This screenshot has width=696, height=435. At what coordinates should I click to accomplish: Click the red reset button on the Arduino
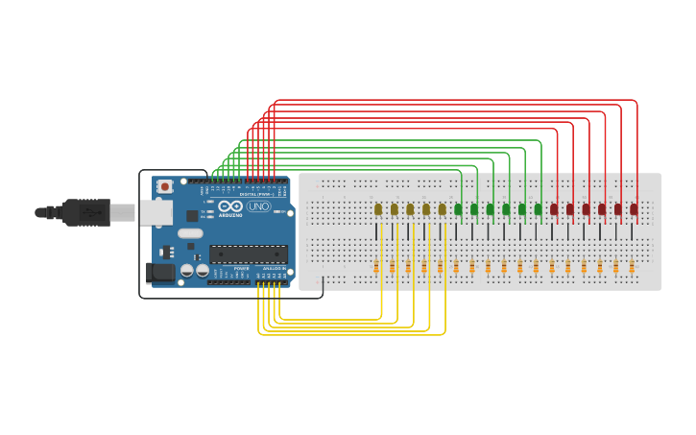point(165,186)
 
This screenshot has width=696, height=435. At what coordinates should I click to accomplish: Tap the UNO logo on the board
point(259,206)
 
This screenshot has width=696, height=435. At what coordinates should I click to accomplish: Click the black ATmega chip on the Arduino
point(249,254)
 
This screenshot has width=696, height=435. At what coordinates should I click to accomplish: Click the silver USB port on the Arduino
point(156,212)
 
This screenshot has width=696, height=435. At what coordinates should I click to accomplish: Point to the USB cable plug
point(86,212)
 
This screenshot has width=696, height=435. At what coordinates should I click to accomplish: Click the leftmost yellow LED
point(378,209)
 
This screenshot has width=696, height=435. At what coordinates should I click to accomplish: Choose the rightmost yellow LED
point(443,209)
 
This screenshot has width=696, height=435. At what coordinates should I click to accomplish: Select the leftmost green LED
point(458,209)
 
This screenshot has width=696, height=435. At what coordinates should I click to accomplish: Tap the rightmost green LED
point(539,209)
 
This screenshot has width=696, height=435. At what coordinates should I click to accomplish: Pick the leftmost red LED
point(554,209)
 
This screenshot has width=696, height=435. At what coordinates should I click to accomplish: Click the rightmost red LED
point(634,209)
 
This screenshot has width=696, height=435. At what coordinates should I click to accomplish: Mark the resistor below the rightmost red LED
point(632,267)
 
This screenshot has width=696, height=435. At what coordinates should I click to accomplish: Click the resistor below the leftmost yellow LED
point(376,267)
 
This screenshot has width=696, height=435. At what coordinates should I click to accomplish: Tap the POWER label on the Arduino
point(241,268)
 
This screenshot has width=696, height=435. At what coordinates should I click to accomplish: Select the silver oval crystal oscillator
point(190,233)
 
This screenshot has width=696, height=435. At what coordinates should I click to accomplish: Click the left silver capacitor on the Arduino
point(187,271)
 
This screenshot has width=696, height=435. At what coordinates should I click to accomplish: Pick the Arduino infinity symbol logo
point(230,206)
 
